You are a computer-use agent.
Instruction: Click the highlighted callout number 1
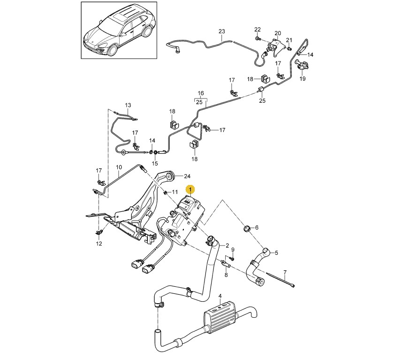[190, 189]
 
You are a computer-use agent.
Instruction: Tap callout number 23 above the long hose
[222, 31]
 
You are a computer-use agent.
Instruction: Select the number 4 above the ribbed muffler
[220, 296]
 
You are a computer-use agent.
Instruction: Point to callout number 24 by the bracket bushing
[187, 176]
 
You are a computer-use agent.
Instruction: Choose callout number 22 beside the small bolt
[257, 30]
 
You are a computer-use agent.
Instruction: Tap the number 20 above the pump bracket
[278, 33]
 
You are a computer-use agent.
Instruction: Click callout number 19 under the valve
[303, 79]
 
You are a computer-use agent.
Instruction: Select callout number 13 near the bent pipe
[128, 105]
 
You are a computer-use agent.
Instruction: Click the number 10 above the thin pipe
[119, 167]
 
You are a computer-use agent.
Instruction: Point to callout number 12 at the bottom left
[99, 244]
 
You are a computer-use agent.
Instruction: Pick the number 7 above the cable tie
[285, 273]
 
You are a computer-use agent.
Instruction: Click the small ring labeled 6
[247, 229]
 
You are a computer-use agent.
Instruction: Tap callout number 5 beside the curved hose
[276, 253]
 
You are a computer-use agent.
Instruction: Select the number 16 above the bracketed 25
[200, 93]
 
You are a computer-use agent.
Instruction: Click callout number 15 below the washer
[155, 163]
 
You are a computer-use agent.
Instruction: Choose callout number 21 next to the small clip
[289, 40]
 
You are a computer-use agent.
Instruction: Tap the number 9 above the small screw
[233, 250]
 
